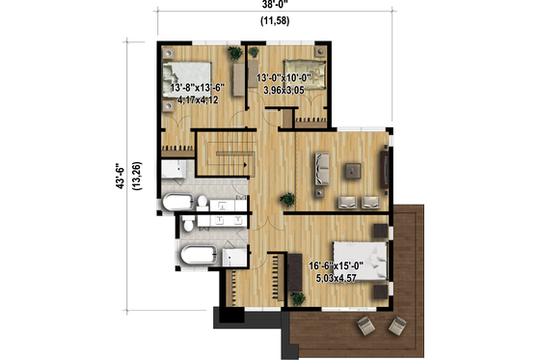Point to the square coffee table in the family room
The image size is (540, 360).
pyautogui.click(x=353, y=171)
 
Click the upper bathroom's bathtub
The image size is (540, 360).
pyautogui.click(x=177, y=204)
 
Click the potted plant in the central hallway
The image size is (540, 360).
pyautogui.click(x=286, y=201)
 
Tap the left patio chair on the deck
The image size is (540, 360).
pyautogui.click(x=365, y=324)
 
